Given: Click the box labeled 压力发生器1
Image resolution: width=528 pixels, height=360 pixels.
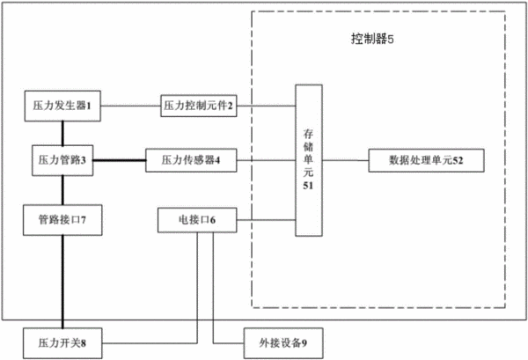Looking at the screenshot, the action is pos(62,107).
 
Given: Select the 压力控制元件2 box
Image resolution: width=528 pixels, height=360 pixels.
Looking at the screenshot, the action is pos(199,106).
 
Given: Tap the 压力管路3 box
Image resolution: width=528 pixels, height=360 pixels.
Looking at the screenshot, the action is pos(62,160).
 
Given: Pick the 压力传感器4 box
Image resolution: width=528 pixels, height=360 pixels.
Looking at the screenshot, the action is pos(191,160).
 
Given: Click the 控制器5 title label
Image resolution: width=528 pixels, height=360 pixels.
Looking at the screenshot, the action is pos(372,39).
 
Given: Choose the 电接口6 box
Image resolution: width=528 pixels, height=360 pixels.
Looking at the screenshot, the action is pos(197,220).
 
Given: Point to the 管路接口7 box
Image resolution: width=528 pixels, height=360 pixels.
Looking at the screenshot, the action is pos(62,220).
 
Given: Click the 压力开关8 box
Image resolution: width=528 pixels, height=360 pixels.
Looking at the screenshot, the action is pos(62,343).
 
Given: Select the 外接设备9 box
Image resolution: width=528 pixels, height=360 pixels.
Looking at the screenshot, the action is pos(283,343).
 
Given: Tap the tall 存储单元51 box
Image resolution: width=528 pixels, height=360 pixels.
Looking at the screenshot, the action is pos(309,160).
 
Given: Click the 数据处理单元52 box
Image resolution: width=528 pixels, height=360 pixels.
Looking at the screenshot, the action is pos(426,160).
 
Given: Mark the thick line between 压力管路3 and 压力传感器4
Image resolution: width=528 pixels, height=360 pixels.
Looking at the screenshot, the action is pos(120,160).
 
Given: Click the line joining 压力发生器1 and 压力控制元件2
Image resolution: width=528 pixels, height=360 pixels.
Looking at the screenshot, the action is pos(130,106).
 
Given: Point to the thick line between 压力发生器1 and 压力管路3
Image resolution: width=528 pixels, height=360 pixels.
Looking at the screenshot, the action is pos(62,134).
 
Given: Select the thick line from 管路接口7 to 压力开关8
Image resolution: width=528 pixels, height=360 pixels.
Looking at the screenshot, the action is pos(62,282).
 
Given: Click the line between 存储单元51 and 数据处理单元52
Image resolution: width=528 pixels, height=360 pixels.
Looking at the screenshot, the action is pos(346,160).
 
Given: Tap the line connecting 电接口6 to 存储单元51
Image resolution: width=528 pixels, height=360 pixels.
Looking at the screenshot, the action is pos(266,220).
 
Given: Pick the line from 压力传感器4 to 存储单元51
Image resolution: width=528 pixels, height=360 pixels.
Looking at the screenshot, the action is pos(266,160).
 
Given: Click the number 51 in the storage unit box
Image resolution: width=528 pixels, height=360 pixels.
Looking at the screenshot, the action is pos(309,186).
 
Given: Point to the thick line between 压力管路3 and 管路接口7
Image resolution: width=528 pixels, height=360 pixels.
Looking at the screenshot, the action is pos(62,190).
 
